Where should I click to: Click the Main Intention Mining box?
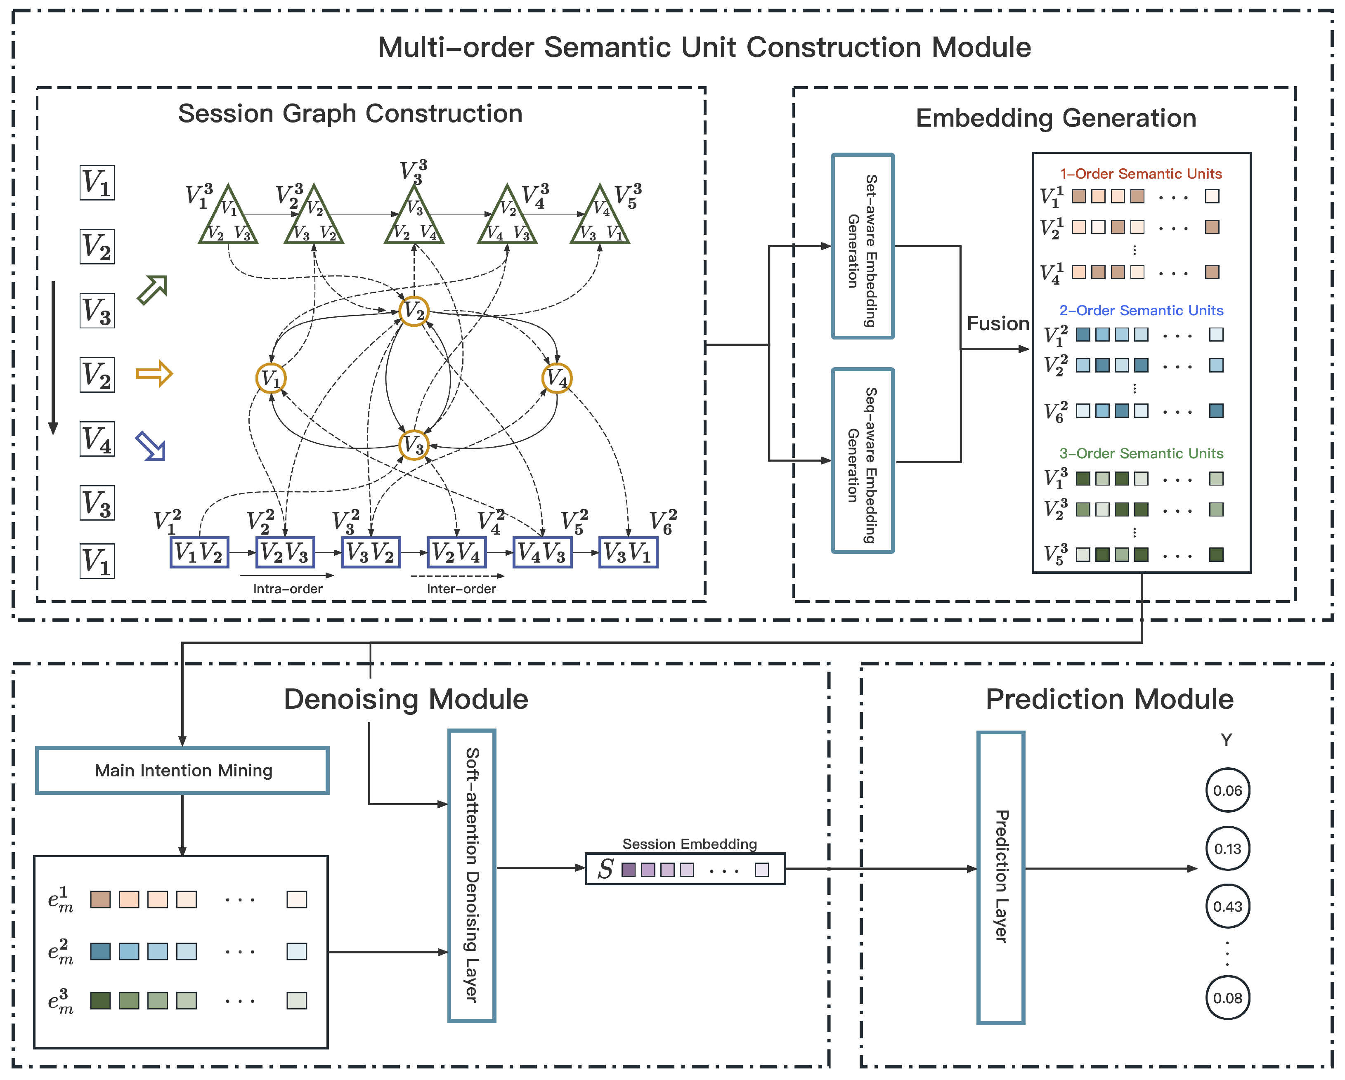pos(182,770)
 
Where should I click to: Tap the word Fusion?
pos(998,323)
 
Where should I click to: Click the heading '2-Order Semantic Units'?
pos(1141,311)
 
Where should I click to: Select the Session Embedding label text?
pos(689,844)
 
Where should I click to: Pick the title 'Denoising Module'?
pos(406,699)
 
